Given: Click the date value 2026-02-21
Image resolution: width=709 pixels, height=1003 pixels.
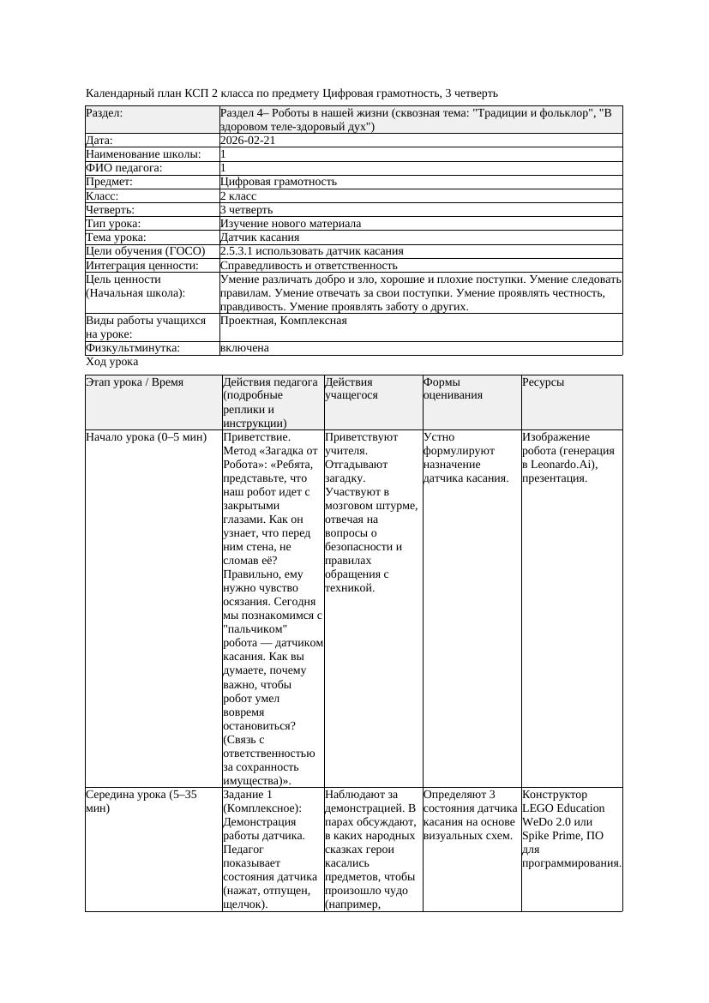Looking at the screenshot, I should coord(248,141).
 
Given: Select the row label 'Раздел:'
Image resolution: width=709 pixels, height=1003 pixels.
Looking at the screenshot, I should coord(105,113).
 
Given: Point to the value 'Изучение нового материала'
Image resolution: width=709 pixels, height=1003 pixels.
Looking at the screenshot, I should coord(290,224).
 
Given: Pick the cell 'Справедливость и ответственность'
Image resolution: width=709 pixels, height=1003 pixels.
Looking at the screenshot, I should coord(309,266).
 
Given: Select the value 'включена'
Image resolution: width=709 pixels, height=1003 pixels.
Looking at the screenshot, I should coord(244,348).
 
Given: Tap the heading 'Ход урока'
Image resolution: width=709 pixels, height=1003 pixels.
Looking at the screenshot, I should coord(111,362).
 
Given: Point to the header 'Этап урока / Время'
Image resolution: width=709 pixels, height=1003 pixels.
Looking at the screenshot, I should coord(135,382).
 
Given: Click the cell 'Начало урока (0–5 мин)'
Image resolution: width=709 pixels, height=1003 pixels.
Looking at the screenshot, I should coord(146,437).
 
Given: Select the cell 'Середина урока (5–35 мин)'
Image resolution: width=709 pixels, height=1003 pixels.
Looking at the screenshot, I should coord(141,802).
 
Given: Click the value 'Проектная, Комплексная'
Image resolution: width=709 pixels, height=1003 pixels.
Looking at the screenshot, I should coord(283,321).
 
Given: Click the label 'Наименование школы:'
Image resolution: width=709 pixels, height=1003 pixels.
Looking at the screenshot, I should coord(143,154).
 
